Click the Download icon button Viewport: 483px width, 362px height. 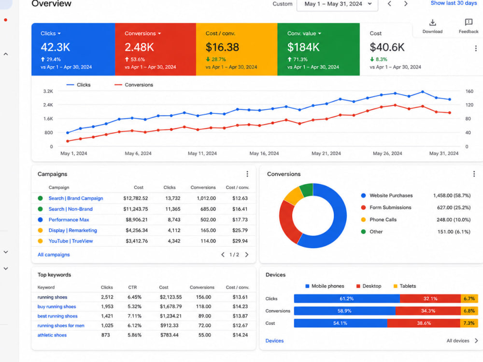(x=432, y=23)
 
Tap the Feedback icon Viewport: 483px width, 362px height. (x=469, y=22)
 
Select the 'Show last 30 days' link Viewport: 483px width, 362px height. (x=454, y=3)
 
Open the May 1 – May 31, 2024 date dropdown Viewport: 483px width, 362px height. (x=337, y=4)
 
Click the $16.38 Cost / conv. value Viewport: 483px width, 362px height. (x=222, y=47)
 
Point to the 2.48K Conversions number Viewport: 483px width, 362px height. (x=139, y=47)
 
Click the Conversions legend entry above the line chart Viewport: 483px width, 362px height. (x=134, y=84)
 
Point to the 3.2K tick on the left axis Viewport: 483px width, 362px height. (x=48, y=91)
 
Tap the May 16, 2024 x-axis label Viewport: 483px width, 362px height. (x=264, y=153)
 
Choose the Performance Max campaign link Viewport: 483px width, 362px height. (x=69, y=220)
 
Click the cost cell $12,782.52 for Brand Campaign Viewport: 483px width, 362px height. (x=136, y=198)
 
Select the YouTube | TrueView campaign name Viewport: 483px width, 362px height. (x=71, y=241)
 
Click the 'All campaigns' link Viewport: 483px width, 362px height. (x=54, y=254)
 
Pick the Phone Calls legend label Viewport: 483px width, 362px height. (x=383, y=220)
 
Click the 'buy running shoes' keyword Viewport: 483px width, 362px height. (x=57, y=306)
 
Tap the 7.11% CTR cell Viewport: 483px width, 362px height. (x=135, y=316)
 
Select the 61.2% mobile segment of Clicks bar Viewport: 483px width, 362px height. (x=347, y=299)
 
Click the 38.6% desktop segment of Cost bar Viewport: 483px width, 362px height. (x=424, y=323)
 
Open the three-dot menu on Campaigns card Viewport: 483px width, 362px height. (x=247, y=174)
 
